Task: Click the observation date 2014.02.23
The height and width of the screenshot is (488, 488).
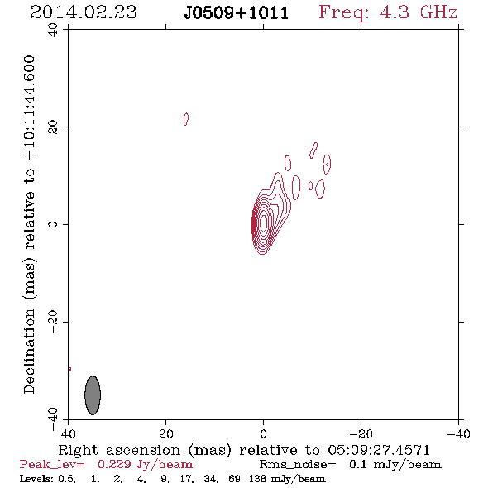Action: click(x=84, y=12)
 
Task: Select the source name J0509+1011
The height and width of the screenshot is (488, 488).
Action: click(x=237, y=13)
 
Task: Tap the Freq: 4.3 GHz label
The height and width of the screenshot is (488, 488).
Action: click(x=388, y=13)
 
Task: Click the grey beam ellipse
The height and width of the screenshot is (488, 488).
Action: click(x=93, y=395)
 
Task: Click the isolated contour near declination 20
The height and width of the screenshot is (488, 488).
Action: click(x=186, y=119)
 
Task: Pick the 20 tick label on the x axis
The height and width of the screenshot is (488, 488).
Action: click(x=165, y=434)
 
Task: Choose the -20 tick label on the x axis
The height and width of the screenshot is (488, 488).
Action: click(x=361, y=434)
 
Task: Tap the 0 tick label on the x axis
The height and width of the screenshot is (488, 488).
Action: click(x=263, y=434)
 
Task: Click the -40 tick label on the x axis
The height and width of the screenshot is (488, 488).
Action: click(x=458, y=434)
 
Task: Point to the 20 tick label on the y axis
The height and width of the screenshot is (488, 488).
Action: click(x=53, y=127)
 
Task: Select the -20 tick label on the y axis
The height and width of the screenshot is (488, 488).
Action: click(x=53, y=322)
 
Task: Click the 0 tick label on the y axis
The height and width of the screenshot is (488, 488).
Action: click(x=53, y=224)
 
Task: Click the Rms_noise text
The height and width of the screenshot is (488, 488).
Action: click(x=298, y=465)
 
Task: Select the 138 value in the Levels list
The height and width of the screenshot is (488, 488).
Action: click(x=257, y=479)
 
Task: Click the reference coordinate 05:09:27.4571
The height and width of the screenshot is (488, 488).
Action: click(x=379, y=450)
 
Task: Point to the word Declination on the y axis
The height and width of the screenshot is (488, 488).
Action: click(x=29, y=351)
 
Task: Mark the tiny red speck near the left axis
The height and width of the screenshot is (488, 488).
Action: click(x=70, y=370)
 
